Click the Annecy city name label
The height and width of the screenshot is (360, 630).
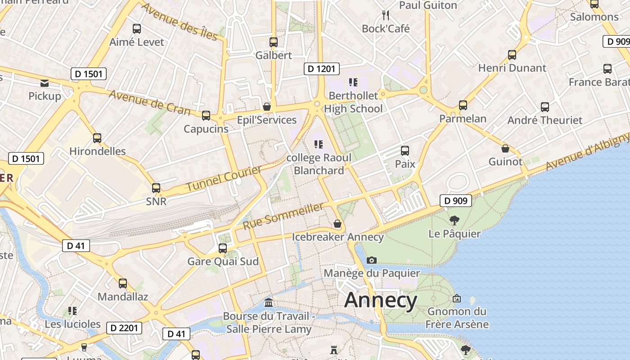point(381,300)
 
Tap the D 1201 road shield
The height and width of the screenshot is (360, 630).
point(321,69)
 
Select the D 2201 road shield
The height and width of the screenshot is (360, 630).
point(124,328)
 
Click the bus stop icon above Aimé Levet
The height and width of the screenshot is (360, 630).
point(137,29)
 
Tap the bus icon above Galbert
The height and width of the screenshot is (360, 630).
point(273,42)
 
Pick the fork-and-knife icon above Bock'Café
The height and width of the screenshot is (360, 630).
point(386,15)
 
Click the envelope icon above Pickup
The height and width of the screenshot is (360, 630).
point(45,83)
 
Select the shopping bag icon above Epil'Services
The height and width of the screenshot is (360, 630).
point(267,107)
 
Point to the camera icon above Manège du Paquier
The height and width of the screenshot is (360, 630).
point(371,260)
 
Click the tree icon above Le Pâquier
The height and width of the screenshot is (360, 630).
point(454,220)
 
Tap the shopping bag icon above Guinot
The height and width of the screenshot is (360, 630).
point(505,148)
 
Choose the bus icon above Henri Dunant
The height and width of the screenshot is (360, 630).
point(512,55)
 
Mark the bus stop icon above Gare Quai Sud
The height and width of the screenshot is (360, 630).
point(222,248)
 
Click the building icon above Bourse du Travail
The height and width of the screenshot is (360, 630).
point(269,302)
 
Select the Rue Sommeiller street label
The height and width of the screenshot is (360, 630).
point(283,216)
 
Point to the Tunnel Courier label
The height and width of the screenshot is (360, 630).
point(224,178)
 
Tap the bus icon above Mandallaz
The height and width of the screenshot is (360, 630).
point(122,283)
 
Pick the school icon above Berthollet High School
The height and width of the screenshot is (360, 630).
point(353,82)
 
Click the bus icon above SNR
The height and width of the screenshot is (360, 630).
point(156,188)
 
